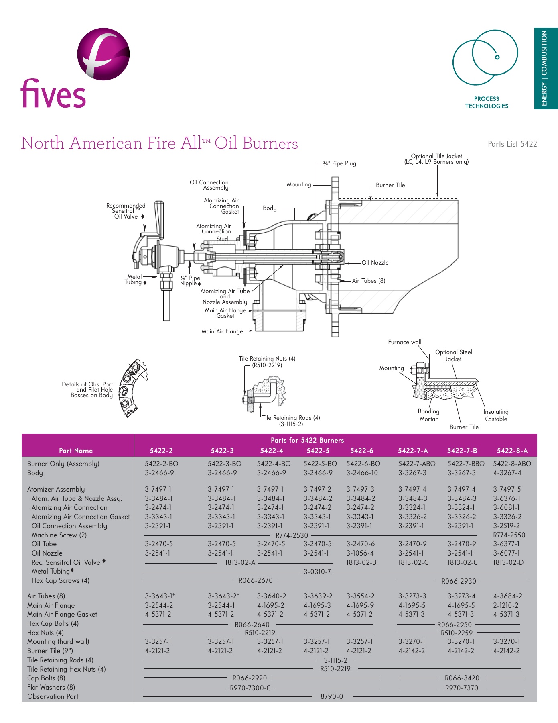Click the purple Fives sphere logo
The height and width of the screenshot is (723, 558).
coord(103,54)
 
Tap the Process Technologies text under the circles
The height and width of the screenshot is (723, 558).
coord(487,102)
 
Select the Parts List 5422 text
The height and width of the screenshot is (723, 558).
coord(512,144)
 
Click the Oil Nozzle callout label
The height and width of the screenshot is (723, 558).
coord(375,263)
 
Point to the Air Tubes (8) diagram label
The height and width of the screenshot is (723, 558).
coord(369,281)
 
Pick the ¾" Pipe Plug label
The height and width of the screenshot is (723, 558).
coord(339,163)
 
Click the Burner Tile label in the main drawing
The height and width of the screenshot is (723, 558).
coord(390,185)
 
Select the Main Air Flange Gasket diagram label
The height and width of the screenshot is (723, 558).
coord(225,313)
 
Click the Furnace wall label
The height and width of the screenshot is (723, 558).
coord(404,342)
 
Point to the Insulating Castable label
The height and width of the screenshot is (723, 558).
coord(496,415)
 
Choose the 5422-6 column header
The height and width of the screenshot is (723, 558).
coord(361,451)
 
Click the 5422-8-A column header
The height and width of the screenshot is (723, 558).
coord(512,451)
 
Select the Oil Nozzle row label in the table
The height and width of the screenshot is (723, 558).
coord(47,553)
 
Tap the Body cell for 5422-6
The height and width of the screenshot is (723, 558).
coord(362,473)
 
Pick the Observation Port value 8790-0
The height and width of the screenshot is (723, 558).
coord(331,696)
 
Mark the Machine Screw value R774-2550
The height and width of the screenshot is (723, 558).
coord(509,535)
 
